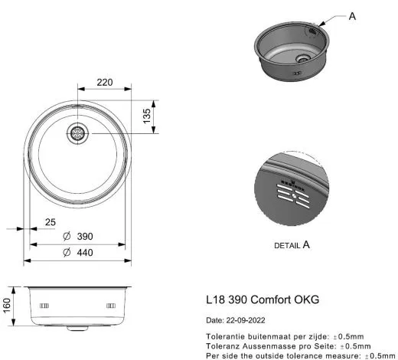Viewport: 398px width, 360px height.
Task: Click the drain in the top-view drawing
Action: tap(77, 133)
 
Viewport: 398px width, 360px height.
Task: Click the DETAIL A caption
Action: tap(292, 245)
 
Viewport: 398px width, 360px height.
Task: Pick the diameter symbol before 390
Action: tap(67, 237)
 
